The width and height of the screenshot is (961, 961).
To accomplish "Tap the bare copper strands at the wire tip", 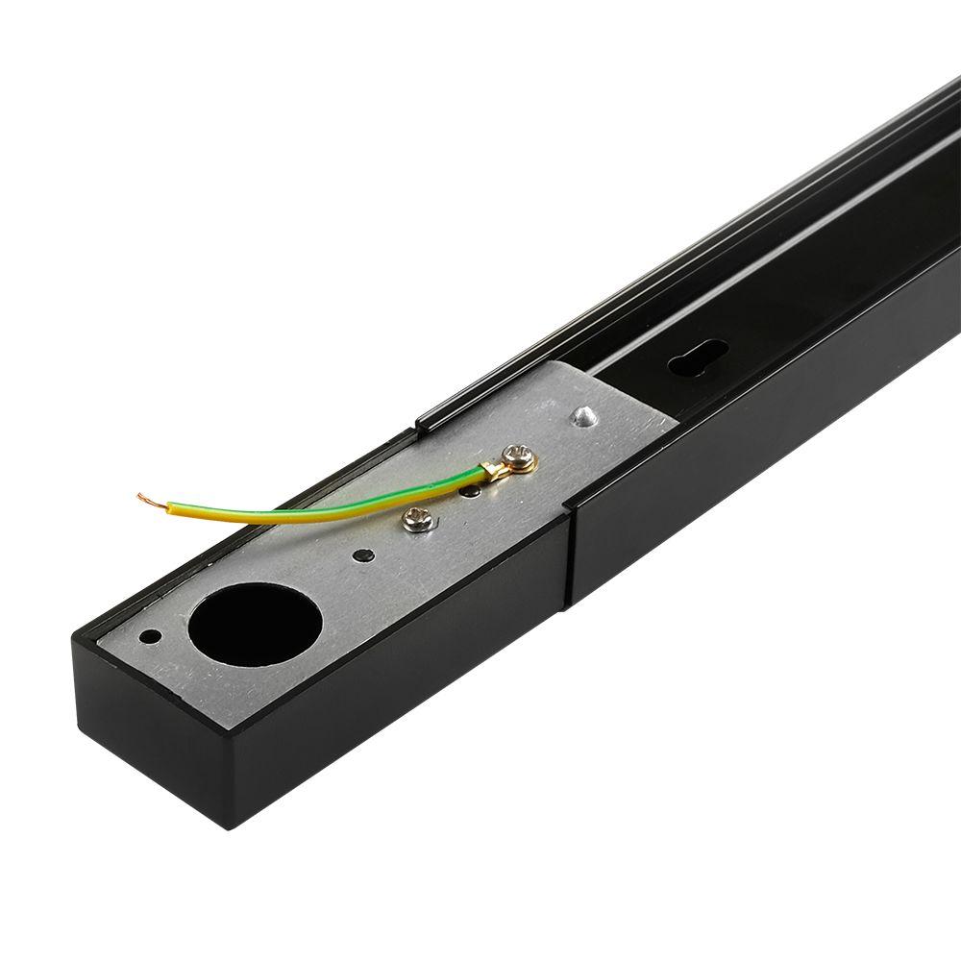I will point(147,499).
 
